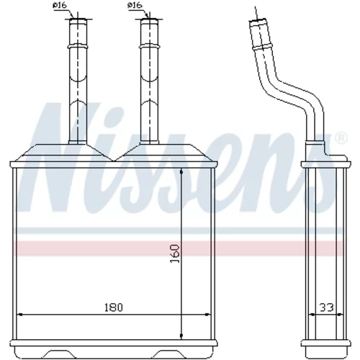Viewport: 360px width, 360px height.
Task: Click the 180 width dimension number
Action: click(113, 307)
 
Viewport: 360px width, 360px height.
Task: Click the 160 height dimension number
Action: click(175, 253)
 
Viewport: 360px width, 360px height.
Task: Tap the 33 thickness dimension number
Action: click(327, 307)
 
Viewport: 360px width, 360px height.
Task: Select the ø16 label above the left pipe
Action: click(60, 5)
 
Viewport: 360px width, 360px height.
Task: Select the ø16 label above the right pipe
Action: click(135, 5)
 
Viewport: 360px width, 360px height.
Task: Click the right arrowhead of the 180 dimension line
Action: click(207, 315)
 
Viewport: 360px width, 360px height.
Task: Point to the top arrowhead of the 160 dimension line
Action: click(181, 171)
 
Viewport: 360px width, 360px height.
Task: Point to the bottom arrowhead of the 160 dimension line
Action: click(181, 336)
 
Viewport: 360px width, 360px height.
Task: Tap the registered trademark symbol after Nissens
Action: click(341, 138)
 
